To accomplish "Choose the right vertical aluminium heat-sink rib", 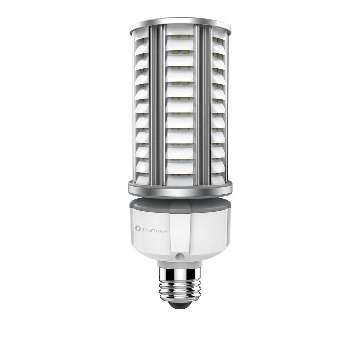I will [203, 104].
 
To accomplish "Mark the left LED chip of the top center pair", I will [175, 36].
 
